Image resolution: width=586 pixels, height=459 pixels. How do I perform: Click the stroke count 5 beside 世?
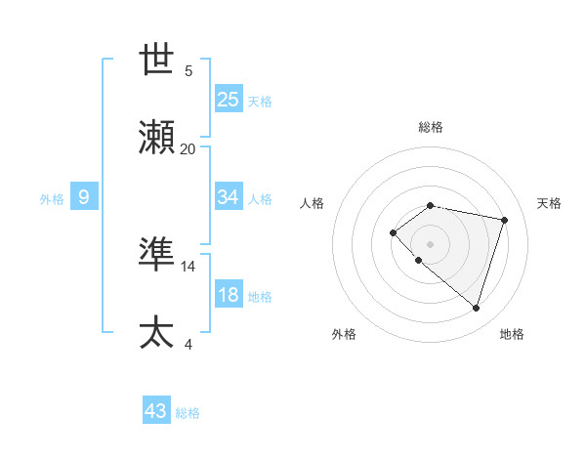pyautogui.click(x=188, y=71)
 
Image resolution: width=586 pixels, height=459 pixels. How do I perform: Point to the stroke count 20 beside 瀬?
pyautogui.click(x=188, y=148)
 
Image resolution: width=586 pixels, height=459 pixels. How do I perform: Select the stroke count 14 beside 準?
pyautogui.click(x=188, y=266)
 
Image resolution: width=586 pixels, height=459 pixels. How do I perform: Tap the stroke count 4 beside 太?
pyautogui.click(x=188, y=344)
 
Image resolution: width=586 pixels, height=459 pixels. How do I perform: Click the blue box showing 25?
pyautogui.click(x=229, y=100)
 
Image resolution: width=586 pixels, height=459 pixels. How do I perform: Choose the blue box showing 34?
pyautogui.click(x=229, y=197)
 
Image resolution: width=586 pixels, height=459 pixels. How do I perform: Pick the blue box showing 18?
pyautogui.click(x=229, y=295)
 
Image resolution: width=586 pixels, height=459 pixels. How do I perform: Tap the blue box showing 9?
pyautogui.click(x=84, y=198)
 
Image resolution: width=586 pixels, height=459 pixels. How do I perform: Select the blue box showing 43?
pyautogui.click(x=156, y=411)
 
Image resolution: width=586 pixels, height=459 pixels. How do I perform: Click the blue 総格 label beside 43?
pyautogui.click(x=188, y=413)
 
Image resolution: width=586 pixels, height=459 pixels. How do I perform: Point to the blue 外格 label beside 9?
pyautogui.click(x=52, y=199)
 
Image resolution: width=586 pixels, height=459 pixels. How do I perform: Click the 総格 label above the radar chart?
pyautogui.click(x=431, y=127)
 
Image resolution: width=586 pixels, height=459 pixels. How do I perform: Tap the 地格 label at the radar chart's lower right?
pyautogui.click(x=512, y=334)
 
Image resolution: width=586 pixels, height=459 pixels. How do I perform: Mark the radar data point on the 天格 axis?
pyautogui.click(x=505, y=220)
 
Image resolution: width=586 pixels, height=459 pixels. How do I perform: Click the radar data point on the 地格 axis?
pyautogui.click(x=476, y=308)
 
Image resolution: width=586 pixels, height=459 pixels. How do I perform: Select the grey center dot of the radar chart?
pyautogui.click(x=430, y=244)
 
